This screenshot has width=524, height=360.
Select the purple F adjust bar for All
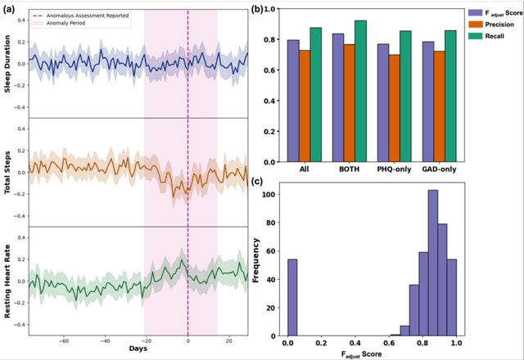click(293, 99)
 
